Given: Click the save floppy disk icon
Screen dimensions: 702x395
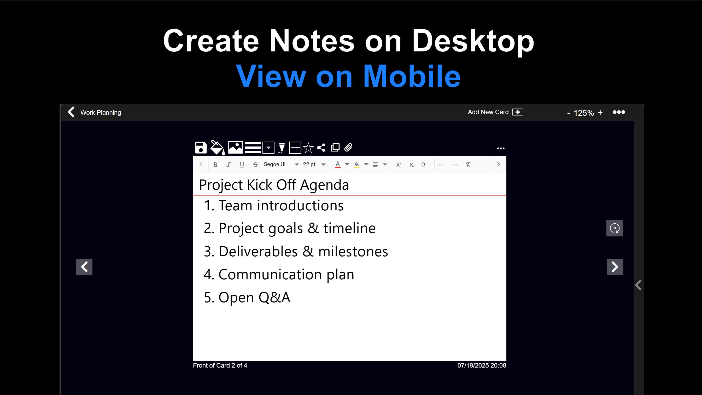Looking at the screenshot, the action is pyautogui.click(x=201, y=148).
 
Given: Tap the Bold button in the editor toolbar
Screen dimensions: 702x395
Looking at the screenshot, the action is pyautogui.click(x=215, y=165).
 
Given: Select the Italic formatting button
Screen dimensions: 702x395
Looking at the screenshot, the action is pyautogui.click(x=228, y=165).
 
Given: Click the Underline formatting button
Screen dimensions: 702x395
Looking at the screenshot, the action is pyautogui.click(x=242, y=165).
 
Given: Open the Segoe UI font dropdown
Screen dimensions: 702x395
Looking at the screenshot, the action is pyautogui.click(x=281, y=164).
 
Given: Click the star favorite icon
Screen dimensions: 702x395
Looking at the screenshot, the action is pyautogui.click(x=308, y=148).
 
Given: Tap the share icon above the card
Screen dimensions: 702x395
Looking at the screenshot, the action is pyautogui.click(x=321, y=148).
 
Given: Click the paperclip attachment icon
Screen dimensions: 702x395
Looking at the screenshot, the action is pyautogui.click(x=348, y=148).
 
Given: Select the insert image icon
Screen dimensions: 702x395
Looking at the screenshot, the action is pyautogui.click(x=235, y=148).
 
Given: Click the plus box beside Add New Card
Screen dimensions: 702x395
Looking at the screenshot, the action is pyautogui.click(x=518, y=112).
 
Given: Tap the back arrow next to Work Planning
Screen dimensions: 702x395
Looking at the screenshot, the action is pyautogui.click(x=71, y=112).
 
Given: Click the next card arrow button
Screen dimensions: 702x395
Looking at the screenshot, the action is pyautogui.click(x=615, y=267).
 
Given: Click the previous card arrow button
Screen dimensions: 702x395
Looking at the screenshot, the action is pyautogui.click(x=84, y=267).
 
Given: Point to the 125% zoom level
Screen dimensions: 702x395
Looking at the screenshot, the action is pyautogui.click(x=583, y=113).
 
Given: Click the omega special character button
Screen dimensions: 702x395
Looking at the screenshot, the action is pyautogui.click(x=423, y=165).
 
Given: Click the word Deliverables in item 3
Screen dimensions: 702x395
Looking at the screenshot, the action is pyautogui.click(x=258, y=251).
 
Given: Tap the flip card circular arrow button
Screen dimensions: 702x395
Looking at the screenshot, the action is pyautogui.click(x=614, y=228).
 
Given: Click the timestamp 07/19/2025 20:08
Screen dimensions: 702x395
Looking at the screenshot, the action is pyautogui.click(x=482, y=365).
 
